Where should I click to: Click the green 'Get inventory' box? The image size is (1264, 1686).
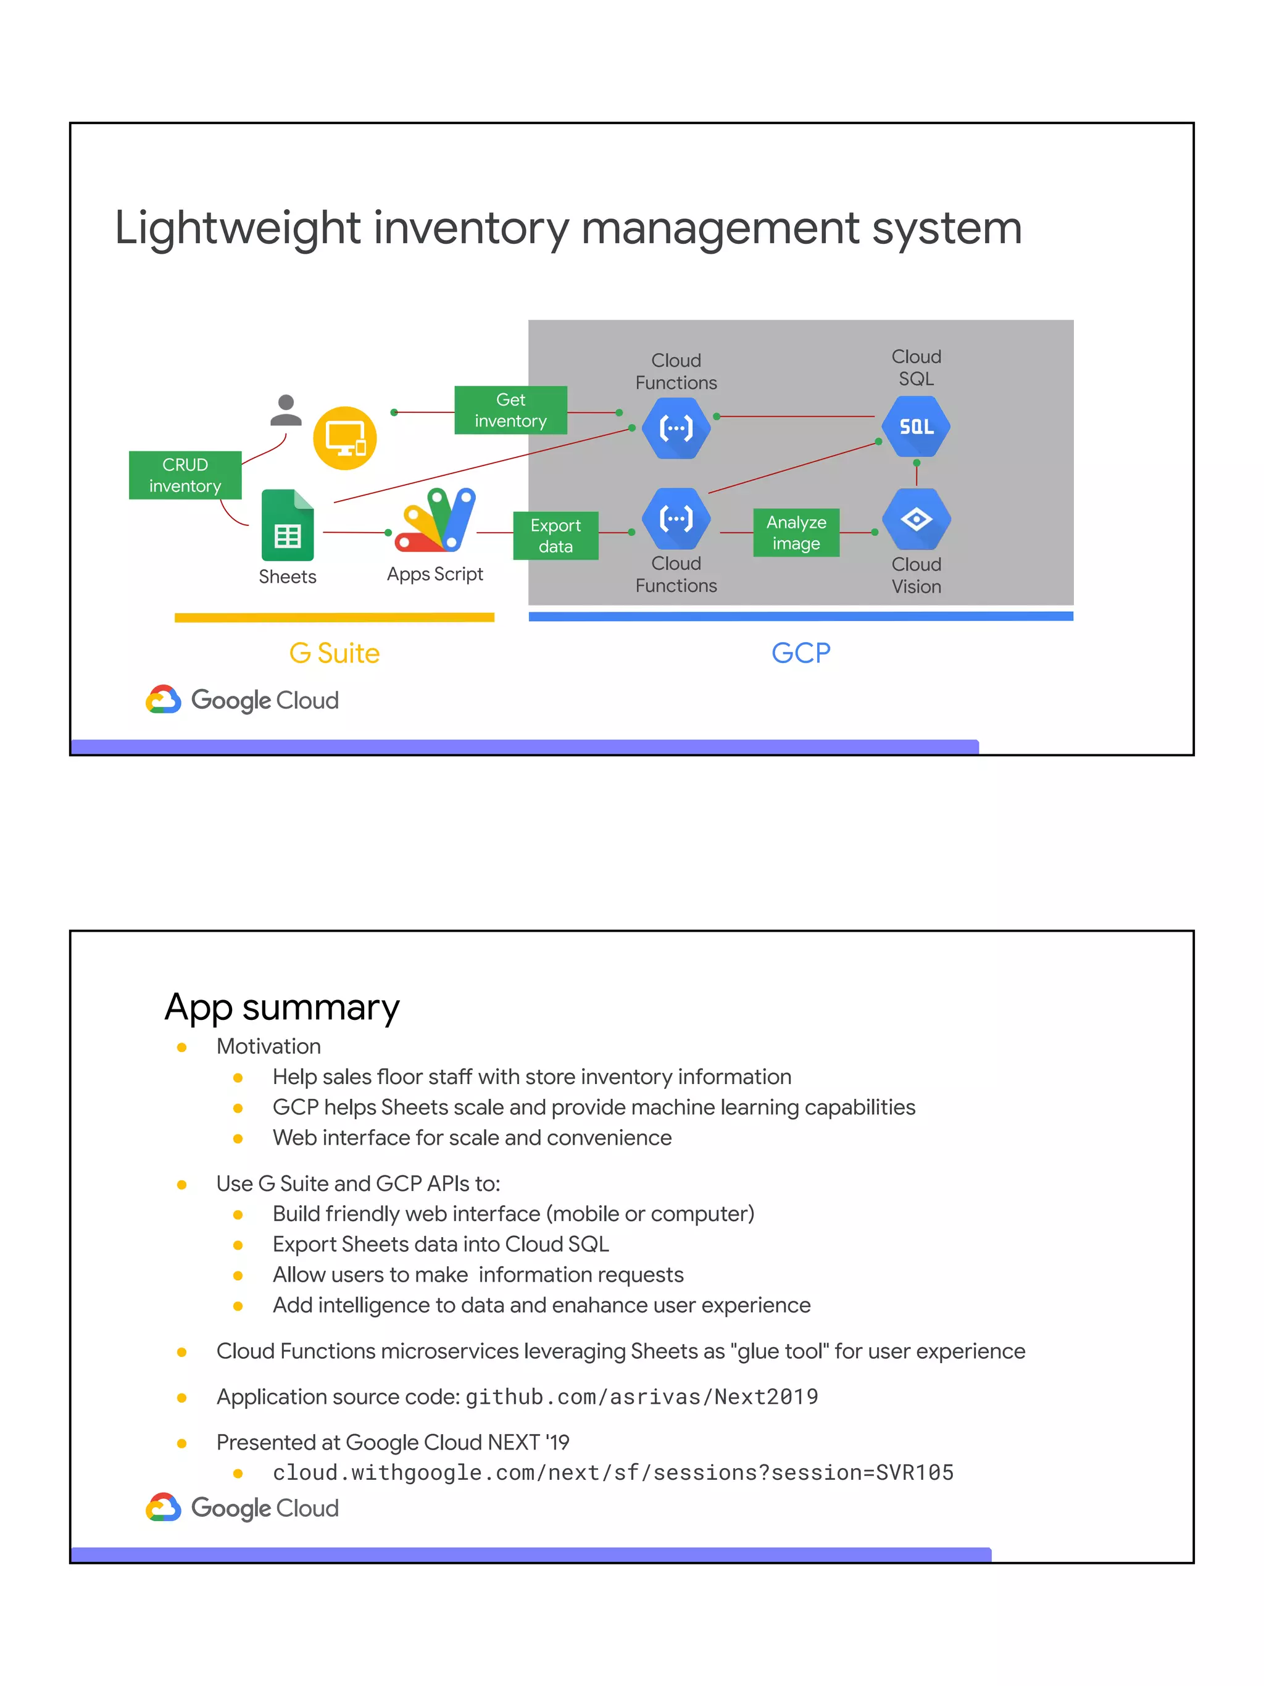coord(510,410)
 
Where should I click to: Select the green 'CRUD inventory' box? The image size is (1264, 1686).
coord(185,475)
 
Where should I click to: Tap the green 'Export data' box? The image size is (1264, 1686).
coord(555,536)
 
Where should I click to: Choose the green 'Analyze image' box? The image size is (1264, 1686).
coord(796,533)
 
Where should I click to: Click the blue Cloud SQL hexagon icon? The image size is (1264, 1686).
coord(916,427)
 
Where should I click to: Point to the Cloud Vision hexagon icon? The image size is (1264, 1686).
coord(916,519)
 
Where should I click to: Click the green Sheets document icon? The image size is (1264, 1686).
coord(287,525)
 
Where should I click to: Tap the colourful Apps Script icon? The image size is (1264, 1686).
coord(436,520)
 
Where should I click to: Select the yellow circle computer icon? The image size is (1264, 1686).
coord(345,438)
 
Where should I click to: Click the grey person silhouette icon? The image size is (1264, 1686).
coord(286,411)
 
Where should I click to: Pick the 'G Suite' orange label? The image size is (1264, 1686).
coord(334,653)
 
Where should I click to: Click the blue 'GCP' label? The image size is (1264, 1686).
coord(800,653)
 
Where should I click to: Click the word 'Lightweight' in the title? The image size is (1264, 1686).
coord(238,228)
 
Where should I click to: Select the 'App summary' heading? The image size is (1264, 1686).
coord(282,1008)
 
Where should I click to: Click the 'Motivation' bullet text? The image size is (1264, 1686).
coord(268,1046)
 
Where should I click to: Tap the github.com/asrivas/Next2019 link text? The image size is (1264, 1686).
coord(641,1397)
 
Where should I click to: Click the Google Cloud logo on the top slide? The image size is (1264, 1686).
coord(243,699)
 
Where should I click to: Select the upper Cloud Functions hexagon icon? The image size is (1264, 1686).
coord(676,428)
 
